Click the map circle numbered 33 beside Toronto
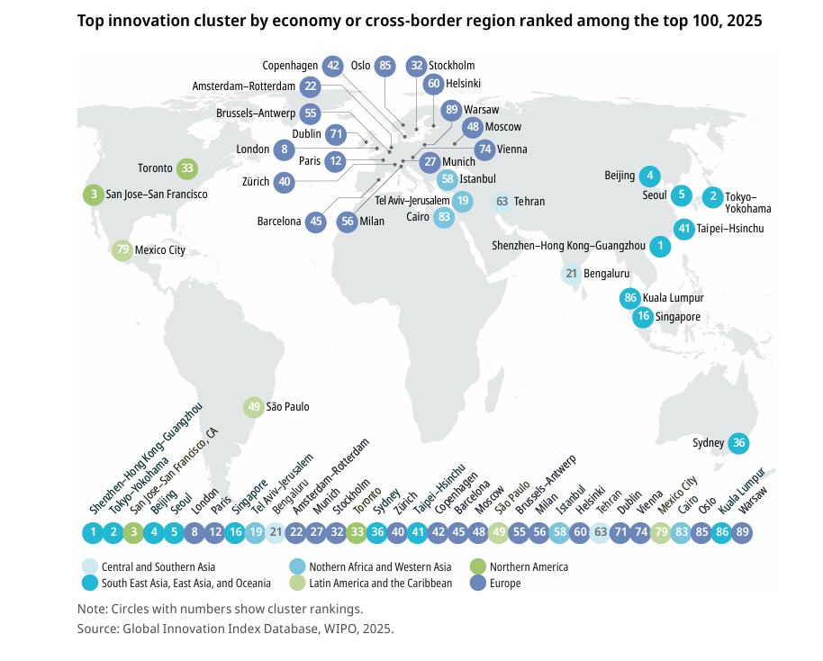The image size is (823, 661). pos(187,168)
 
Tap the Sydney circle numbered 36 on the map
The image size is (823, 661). pos(739,443)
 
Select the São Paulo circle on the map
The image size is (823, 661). pos(254,407)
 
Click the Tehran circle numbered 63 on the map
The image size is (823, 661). pos(502,202)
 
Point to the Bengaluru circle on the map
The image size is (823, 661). pos(571,273)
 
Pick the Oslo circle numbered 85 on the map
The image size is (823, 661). pos(385,65)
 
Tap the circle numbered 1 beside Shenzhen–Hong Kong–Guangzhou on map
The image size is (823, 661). pos(660,245)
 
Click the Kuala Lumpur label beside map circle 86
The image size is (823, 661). pos(674,298)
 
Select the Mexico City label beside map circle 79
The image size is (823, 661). pos(160,250)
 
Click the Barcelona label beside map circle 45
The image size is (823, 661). pos(279,221)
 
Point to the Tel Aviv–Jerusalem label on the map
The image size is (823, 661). pos(412,201)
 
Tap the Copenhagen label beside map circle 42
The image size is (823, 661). pos(290,65)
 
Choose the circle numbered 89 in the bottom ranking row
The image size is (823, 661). pos(743,532)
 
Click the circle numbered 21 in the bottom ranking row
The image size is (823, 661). pos(276,532)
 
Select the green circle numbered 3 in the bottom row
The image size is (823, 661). pos(132,532)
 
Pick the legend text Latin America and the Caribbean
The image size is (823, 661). pos(381,584)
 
